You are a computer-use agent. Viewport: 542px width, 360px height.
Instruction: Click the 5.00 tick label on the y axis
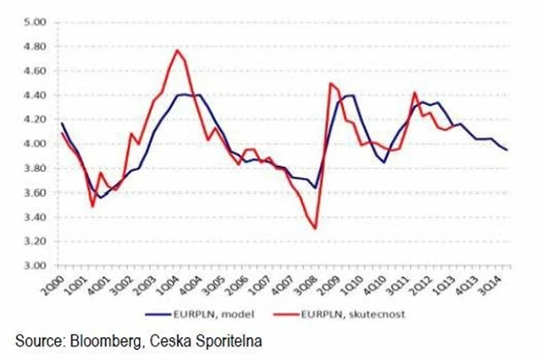click(x=32, y=23)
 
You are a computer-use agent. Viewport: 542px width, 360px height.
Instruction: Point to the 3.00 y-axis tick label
click(x=32, y=266)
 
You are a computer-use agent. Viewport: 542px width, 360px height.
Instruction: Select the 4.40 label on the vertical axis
click(x=32, y=96)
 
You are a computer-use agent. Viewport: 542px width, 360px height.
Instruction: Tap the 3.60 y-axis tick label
click(x=32, y=193)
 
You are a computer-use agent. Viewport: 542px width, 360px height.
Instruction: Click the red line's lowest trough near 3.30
click(x=315, y=229)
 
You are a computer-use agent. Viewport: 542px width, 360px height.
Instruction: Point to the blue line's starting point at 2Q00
click(x=61, y=124)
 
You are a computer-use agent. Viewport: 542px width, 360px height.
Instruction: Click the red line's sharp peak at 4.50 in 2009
click(x=329, y=83)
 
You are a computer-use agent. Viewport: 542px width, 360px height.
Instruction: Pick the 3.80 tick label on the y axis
click(x=32, y=169)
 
